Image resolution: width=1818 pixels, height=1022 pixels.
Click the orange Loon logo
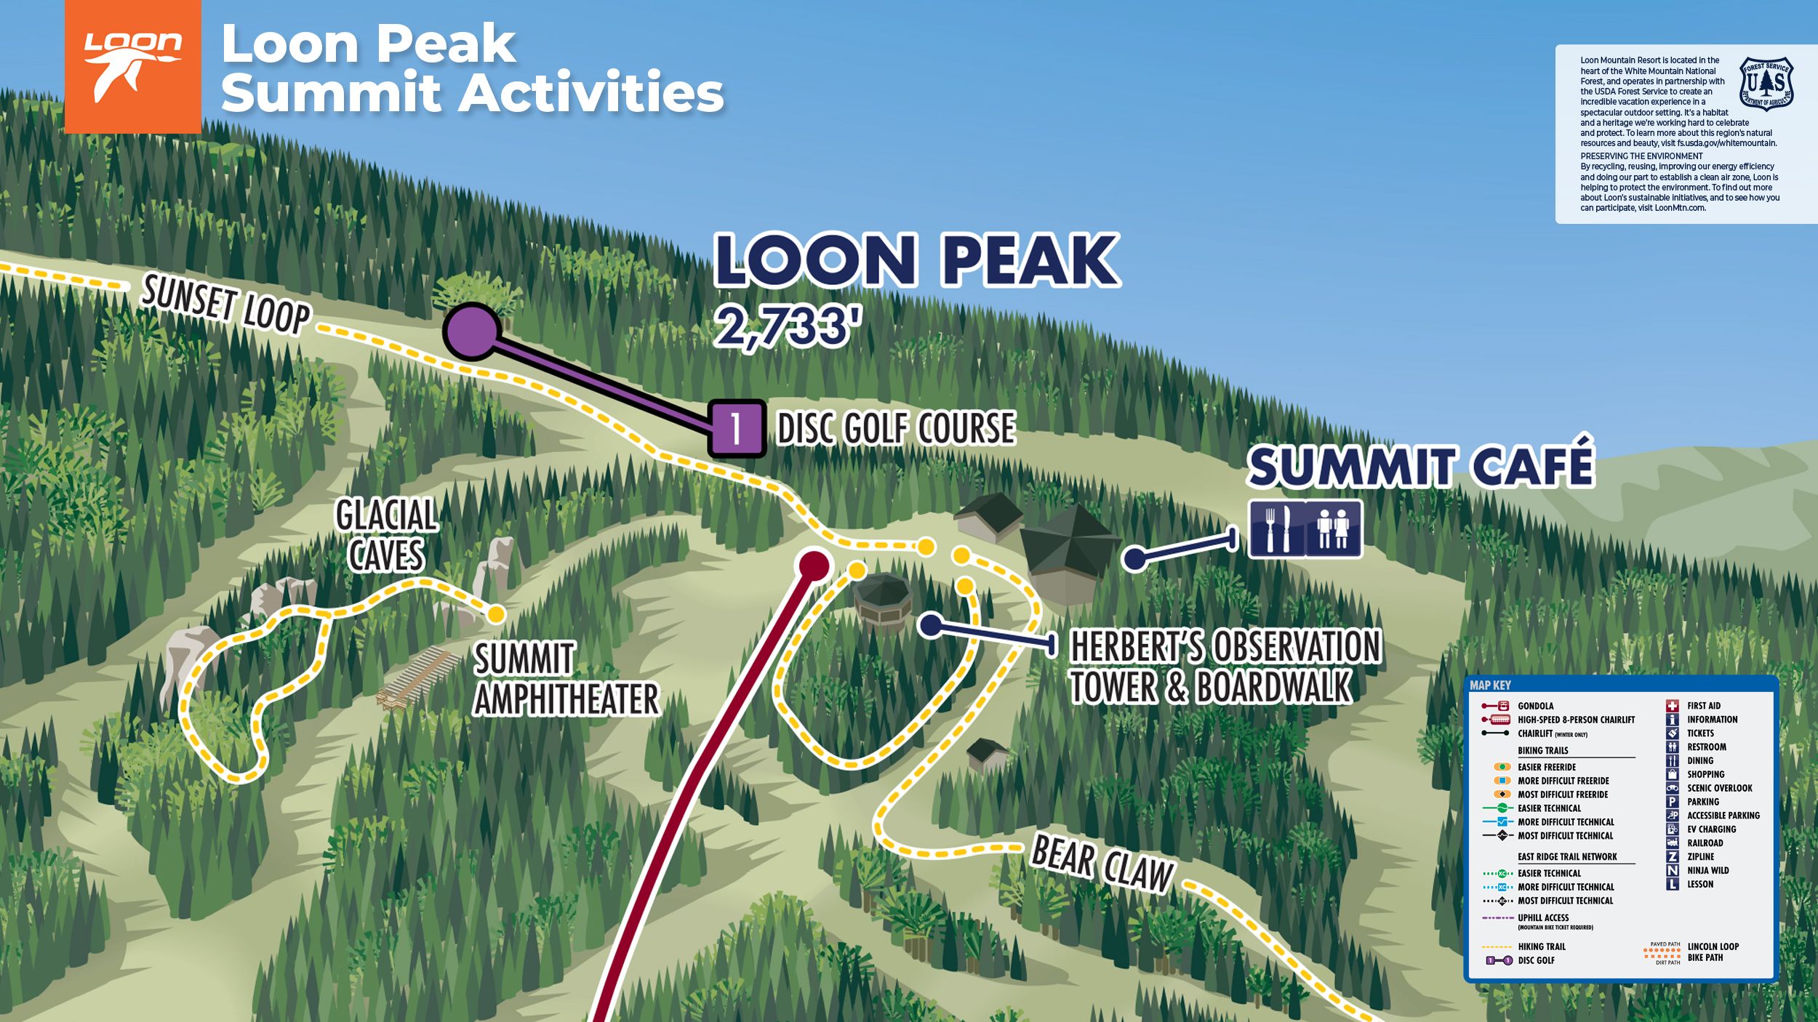click(x=132, y=67)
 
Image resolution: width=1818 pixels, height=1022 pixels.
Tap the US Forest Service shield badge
click(x=1766, y=84)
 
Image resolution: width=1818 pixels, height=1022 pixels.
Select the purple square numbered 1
click(x=737, y=428)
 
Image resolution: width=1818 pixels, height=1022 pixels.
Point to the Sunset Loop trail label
click(x=225, y=306)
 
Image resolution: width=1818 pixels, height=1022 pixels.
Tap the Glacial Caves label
click(x=386, y=535)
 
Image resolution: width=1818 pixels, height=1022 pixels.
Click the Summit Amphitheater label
click(x=566, y=679)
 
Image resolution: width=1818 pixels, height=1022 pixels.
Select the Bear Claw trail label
click(x=1102, y=863)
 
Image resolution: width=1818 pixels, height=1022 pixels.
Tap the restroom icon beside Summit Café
click(x=1333, y=528)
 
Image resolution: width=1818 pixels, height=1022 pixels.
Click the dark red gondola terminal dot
click(x=814, y=565)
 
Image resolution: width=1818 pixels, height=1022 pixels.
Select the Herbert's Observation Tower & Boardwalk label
click(x=1225, y=667)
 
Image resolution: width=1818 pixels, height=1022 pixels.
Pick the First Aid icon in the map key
click(x=1673, y=705)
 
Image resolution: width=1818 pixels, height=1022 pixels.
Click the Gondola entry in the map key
click(x=1535, y=706)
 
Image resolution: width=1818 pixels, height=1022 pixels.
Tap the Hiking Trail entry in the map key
click(x=1541, y=946)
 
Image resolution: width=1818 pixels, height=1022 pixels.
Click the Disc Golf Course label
click(x=896, y=427)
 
